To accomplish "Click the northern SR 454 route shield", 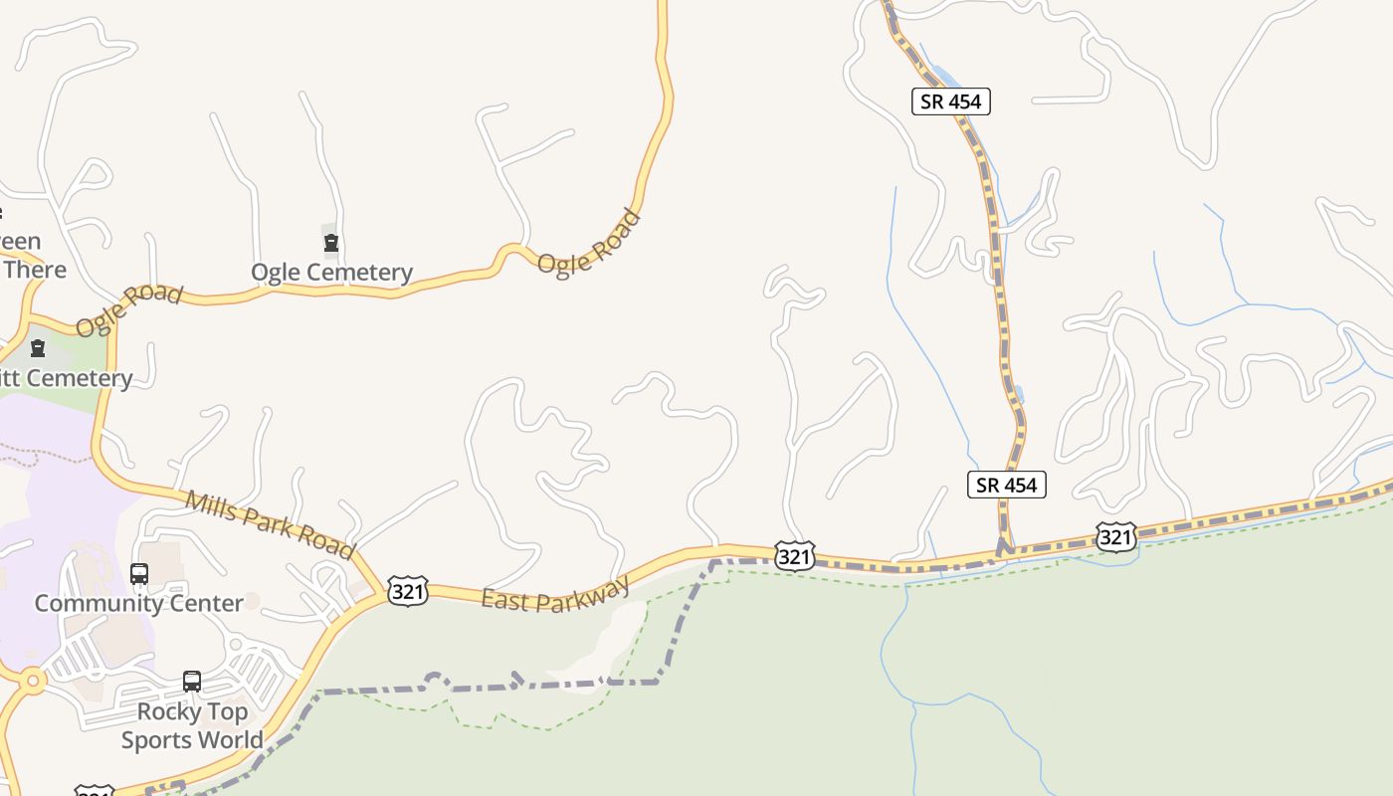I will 950,100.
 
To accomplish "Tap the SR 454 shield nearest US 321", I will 1006,485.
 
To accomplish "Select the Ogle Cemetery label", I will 331,272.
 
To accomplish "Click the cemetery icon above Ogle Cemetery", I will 331,243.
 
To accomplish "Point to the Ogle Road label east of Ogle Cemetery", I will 589,242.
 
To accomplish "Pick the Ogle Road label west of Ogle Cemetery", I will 129,309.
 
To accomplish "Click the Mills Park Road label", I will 270,524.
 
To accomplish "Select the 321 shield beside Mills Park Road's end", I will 408,591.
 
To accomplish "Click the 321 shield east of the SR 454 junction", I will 1115,537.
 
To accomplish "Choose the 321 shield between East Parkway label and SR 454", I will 794,555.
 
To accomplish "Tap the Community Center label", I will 138,603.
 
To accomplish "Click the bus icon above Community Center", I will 139,574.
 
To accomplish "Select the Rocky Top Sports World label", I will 192,725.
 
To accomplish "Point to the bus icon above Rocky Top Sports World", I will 192,682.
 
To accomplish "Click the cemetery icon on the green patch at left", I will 38,348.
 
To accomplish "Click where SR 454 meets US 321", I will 1006,549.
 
